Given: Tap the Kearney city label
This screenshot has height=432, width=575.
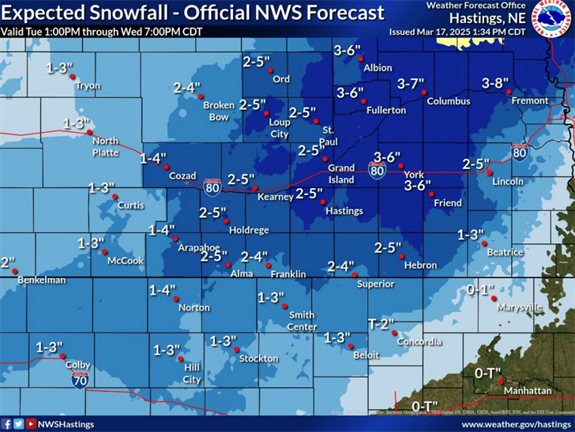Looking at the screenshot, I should click(276, 197).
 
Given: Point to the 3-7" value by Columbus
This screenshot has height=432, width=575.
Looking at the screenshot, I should click(411, 83).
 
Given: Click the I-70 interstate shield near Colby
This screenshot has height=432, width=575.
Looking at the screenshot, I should click(80, 380).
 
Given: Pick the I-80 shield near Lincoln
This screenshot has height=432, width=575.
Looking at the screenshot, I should click(519, 152).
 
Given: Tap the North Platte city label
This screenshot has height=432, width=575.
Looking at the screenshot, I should click(105, 146).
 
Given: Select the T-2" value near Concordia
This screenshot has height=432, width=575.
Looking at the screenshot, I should click(381, 324).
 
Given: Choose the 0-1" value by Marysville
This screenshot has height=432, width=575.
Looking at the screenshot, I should click(479, 290).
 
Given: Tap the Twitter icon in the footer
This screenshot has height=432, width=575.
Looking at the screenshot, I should click(18, 424).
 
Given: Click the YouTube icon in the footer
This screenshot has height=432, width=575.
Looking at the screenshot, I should click(31, 424).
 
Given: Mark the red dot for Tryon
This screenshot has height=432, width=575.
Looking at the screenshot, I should click(72, 77).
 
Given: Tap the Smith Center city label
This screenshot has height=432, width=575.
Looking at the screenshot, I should click(302, 320).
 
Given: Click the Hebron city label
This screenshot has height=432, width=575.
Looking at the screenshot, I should click(420, 265).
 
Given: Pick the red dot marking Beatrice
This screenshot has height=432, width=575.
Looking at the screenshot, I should click(483, 244).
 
